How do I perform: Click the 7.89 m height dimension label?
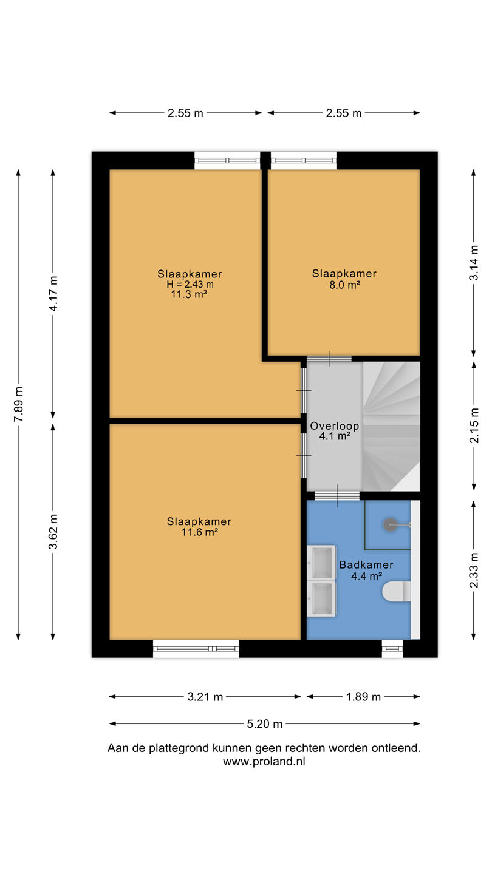18,404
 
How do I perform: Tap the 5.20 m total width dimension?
264,723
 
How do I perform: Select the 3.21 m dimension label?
205,697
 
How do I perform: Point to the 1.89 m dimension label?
363,697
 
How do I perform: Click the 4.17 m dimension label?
53,293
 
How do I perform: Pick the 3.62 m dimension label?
53,532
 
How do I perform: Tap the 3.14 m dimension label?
474,263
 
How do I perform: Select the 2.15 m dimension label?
474,425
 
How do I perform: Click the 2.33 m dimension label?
474,570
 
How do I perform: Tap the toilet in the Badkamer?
396,592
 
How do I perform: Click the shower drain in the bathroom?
390,525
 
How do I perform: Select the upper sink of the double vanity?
321,562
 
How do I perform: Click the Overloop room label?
334,425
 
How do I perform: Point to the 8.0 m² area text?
344,285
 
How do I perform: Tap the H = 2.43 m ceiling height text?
190,284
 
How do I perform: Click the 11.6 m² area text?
199,532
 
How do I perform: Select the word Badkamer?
366,564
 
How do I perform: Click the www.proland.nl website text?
264,761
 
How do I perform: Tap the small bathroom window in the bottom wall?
392,648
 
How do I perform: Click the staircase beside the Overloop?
391,426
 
